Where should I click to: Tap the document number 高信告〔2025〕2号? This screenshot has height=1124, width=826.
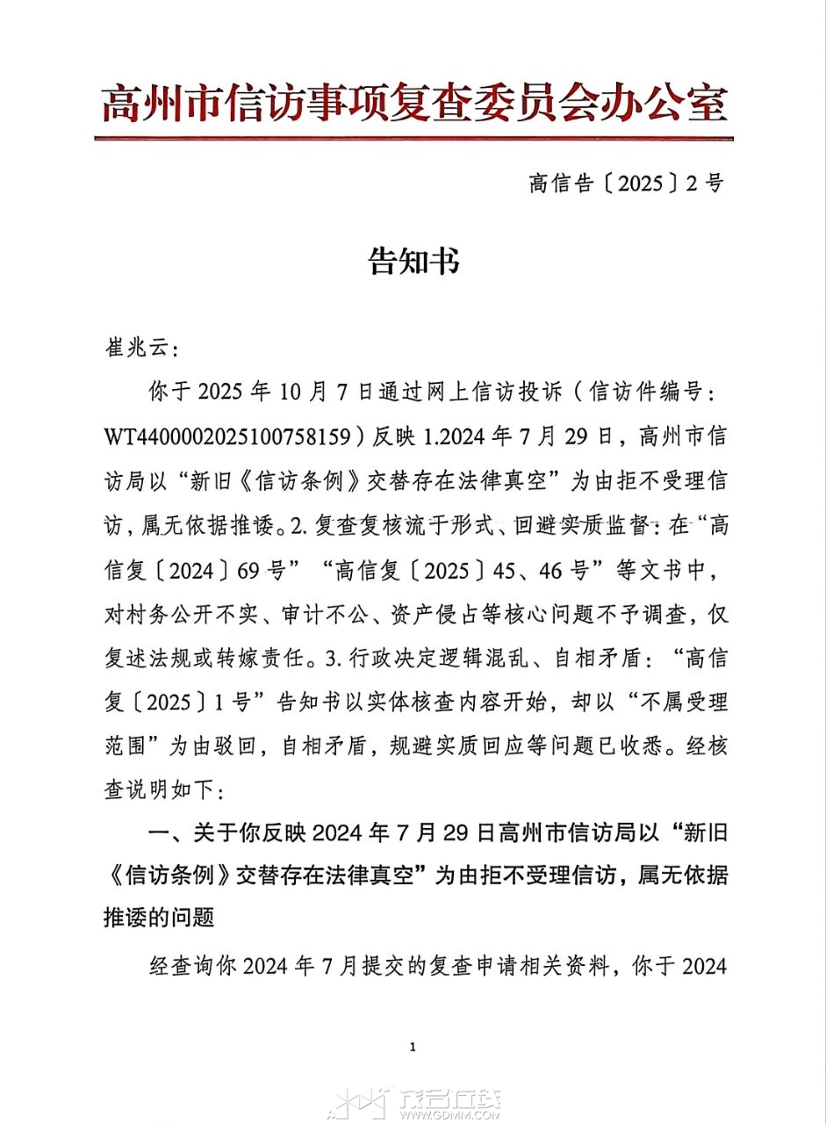tap(627, 184)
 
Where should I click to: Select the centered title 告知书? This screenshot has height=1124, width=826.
tap(413, 261)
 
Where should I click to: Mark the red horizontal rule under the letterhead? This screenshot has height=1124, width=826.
tap(413, 139)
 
